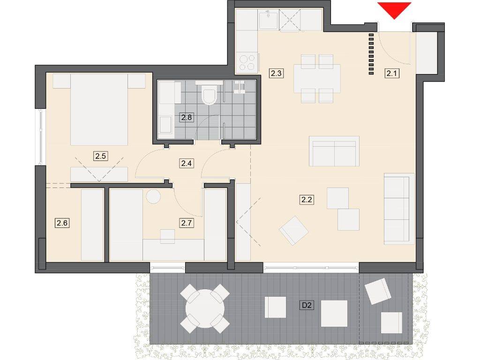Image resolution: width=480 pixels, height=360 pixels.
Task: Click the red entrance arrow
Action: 394,9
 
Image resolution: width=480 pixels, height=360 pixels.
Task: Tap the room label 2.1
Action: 391,74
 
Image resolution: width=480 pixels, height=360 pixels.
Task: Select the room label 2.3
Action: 276,74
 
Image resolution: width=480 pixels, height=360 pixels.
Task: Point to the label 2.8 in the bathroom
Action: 187,117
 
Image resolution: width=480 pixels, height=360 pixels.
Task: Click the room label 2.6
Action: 62,223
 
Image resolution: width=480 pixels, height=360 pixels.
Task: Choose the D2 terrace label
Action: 307,305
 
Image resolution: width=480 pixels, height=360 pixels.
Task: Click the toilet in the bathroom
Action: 210,94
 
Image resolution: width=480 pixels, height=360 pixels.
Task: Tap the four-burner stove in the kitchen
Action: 247,62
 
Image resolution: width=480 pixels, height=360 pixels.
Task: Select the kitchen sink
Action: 268,20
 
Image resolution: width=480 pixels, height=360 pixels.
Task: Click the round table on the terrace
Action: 205,308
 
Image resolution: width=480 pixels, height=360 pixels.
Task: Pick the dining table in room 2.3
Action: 317,78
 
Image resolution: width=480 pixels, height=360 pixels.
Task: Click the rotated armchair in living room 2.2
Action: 293,231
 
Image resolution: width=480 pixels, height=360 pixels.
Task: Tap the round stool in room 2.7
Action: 153,196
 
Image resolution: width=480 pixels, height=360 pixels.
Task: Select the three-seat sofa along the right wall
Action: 399,209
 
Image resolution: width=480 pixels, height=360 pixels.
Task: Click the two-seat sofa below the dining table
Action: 334,151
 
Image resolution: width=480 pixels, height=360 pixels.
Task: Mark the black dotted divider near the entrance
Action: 371,54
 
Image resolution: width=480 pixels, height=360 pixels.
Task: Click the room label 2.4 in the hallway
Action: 187,164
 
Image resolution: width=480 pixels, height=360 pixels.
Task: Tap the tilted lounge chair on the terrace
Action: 378,291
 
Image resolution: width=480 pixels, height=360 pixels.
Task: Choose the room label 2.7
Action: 187,223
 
